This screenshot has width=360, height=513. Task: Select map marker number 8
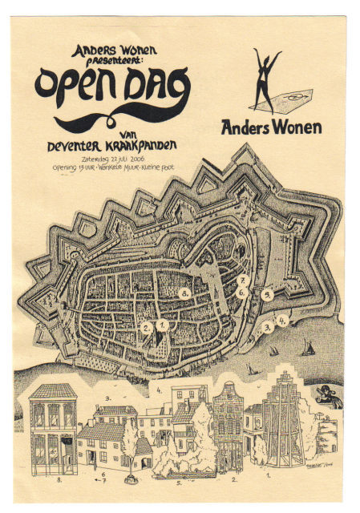[184, 294]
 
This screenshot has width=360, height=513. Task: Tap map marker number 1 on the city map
[162, 325]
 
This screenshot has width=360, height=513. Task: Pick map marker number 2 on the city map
[146, 327]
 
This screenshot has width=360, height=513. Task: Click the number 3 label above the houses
[107, 397]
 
